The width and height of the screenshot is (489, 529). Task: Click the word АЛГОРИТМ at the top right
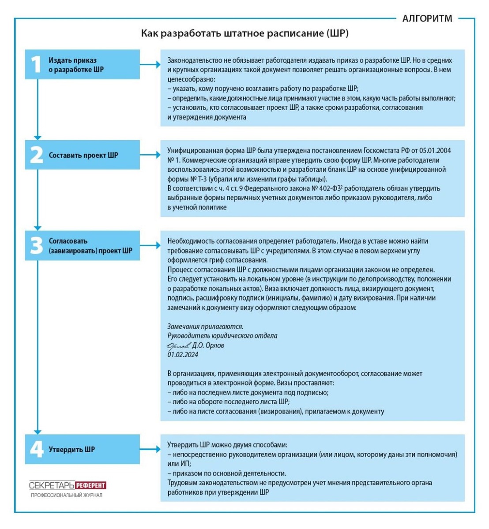tap(427, 19)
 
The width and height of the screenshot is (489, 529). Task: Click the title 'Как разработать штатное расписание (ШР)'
tap(244, 34)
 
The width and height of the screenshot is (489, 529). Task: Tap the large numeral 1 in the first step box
tap(36, 65)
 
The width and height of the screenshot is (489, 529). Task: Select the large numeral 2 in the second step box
tap(36, 155)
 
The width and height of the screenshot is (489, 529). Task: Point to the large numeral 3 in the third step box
tap(36, 246)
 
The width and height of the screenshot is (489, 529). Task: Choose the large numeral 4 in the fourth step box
tap(36, 450)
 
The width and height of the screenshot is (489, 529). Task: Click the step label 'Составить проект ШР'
tap(83, 155)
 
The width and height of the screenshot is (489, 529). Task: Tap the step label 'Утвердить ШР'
tap(71, 450)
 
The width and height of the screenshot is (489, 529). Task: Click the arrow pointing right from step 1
tap(150, 65)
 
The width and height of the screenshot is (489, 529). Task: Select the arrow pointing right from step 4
tap(150, 450)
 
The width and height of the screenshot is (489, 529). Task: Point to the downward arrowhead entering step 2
tap(38, 137)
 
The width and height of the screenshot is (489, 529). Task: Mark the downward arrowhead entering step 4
tap(38, 431)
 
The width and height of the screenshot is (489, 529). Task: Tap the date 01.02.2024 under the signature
tap(183, 354)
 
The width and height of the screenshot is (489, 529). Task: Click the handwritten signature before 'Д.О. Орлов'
tap(178, 345)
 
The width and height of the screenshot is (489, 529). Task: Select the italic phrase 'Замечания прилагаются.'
tap(205, 327)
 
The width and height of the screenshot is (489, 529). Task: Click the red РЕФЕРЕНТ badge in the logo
tap(90, 485)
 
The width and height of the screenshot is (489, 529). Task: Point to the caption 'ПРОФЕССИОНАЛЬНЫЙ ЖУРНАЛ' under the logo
tap(67, 495)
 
